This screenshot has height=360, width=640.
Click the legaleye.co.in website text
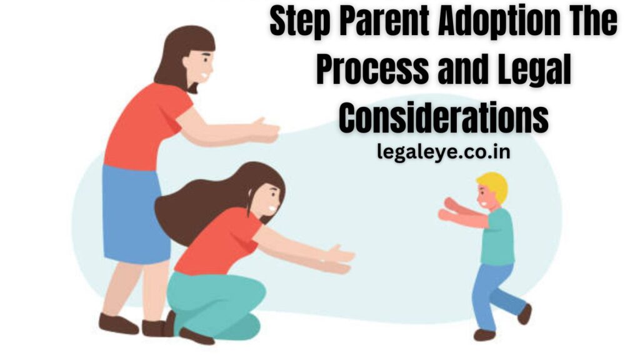coord(443,152)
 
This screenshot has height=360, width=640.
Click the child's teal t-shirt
coord(497,237)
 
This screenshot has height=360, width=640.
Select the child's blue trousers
coord(494,291)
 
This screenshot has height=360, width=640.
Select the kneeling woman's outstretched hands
coord(337,259)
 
